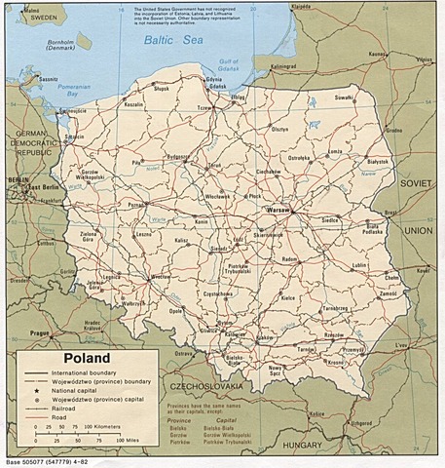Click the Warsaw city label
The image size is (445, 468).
click(x=280, y=210)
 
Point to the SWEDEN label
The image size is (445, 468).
click(x=39, y=18)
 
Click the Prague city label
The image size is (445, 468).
click(x=40, y=333)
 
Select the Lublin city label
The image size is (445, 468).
click(x=359, y=264)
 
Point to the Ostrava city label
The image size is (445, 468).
click(x=185, y=352)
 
